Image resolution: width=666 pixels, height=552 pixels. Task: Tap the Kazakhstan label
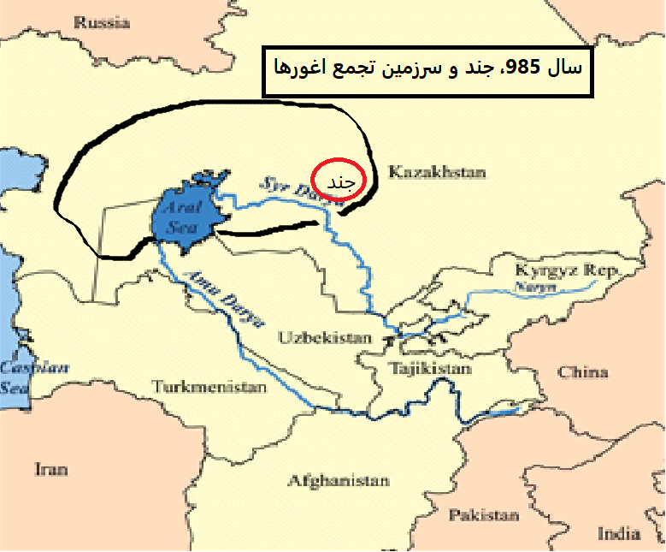437,173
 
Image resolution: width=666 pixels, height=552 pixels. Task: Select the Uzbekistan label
325,337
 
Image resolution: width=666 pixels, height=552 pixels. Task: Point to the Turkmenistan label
209,387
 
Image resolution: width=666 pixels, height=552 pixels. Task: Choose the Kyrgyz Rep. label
566,271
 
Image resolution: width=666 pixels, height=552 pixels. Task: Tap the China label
583,372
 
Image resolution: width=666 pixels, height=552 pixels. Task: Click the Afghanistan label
339,480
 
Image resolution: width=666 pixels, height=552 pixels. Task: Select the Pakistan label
484,515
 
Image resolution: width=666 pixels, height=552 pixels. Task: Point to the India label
619,533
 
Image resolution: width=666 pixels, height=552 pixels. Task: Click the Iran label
50,469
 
